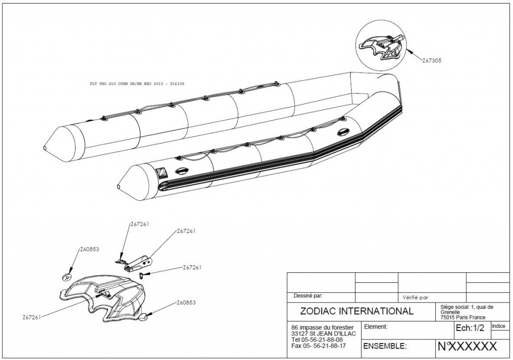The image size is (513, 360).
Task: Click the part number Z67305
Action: click(x=431, y=60)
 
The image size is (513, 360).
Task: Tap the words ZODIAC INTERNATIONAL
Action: click(x=357, y=311)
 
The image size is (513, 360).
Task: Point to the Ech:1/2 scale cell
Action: click(x=469, y=328)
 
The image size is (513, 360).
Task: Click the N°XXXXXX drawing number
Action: click(x=467, y=346)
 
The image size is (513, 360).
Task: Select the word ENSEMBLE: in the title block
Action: click(x=384, y=346)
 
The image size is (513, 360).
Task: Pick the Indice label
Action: click(x=498, y=326)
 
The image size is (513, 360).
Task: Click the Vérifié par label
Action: click(x=415, y=297)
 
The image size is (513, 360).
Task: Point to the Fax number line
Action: click(x=318, y=345)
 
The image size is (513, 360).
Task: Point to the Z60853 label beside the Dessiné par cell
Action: click(x=185, y=302)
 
